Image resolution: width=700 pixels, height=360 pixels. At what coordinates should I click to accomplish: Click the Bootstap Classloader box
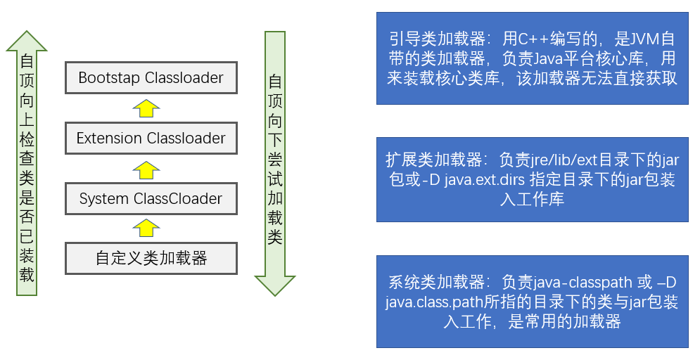(x=151, y=77)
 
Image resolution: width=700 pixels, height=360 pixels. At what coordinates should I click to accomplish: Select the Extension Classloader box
(x=151, y=138)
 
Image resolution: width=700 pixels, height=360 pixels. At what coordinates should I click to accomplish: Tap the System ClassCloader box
(x=151, y=198)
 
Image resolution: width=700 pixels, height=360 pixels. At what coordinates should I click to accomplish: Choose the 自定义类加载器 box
(x=151, y=258)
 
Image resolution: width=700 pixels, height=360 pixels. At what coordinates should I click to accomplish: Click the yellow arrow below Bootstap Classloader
(x=146, y=108)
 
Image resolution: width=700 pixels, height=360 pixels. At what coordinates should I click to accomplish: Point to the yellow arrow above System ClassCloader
(x=146, y=169)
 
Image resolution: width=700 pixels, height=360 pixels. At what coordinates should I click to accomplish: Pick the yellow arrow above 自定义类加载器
(x=146, y=228)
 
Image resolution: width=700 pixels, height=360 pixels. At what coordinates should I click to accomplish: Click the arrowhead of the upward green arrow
(x=27, y=41)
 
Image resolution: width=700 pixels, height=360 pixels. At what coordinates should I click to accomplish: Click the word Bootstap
(x=109, y=77)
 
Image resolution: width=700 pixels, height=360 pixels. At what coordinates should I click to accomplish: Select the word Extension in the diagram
(x=109, y=138)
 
